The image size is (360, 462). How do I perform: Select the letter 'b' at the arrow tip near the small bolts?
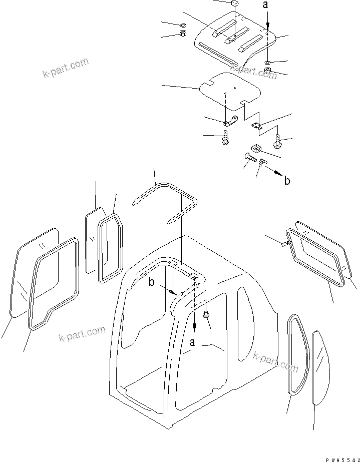287,181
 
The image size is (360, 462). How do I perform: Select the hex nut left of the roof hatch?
183,35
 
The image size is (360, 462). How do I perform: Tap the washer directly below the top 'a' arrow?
268,63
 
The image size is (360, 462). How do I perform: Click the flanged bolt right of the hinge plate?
279,143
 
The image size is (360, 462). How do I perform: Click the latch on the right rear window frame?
283,243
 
